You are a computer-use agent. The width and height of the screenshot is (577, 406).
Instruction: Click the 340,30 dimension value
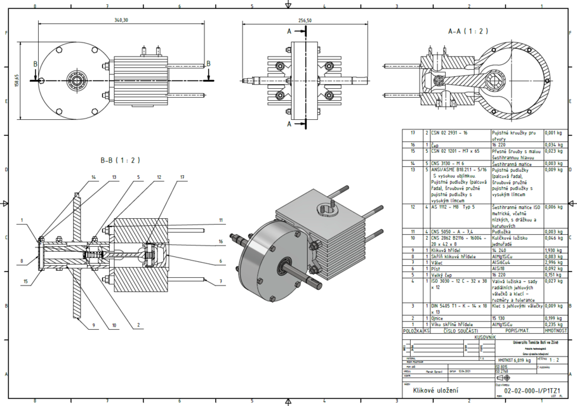click(x=121, y=20)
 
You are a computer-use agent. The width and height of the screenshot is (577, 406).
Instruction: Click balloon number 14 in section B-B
click(x=93, y=176)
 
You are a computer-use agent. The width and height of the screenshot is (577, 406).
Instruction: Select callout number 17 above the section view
click(x=182, y=176)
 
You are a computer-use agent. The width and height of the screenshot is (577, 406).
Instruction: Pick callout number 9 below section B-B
click(x=93, y=325)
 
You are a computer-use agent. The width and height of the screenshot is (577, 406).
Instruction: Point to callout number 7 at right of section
click(x=221, y=280)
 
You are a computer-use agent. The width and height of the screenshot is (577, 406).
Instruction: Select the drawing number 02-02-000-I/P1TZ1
click(x=531, y=391)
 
